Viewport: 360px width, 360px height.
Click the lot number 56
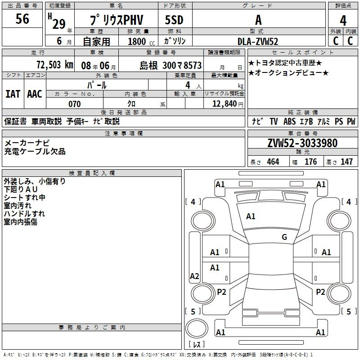point(22,19)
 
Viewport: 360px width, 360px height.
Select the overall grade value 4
point(343,21)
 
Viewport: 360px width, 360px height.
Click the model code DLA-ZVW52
point(258,41)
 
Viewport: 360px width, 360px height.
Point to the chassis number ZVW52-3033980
point(302,143)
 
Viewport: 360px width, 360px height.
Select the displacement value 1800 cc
point(140,41)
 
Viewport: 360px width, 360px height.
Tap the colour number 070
point(74,104)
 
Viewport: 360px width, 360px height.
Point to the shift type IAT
point(13,94)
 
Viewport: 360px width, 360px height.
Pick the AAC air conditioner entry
point(35,94)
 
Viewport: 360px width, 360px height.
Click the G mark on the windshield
point(284,237)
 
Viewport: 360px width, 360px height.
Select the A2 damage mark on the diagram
point(194,276)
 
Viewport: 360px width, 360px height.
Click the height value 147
point(346,162)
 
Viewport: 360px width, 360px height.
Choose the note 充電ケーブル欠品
point(35,152)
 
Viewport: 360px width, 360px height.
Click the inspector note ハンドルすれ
point(24,214)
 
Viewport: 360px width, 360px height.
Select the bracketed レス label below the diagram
point(196,345)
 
